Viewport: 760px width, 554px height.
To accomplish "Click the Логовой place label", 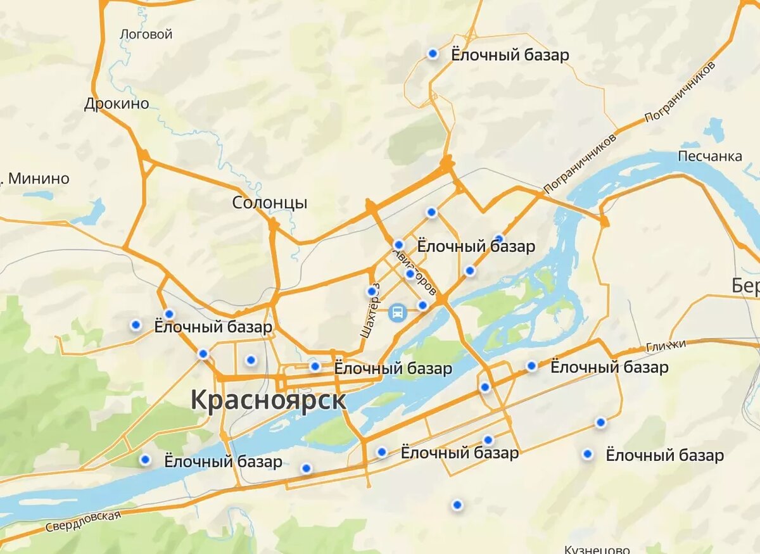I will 146,34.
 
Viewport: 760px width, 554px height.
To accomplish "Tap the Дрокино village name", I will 117,104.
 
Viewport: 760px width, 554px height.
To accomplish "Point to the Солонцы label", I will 270,203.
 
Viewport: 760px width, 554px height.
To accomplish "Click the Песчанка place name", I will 710,156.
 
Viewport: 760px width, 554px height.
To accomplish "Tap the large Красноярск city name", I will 269,400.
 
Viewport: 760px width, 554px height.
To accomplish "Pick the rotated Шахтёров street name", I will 369,310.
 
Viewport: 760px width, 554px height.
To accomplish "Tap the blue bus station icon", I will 397,312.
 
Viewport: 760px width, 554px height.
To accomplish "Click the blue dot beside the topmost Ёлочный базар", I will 433,54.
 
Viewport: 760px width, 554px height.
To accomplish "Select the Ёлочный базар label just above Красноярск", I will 393,368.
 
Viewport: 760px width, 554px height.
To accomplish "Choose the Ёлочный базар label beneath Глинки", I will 609,367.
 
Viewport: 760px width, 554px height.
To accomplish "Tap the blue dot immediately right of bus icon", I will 423,306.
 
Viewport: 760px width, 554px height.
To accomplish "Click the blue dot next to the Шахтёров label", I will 372,292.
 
